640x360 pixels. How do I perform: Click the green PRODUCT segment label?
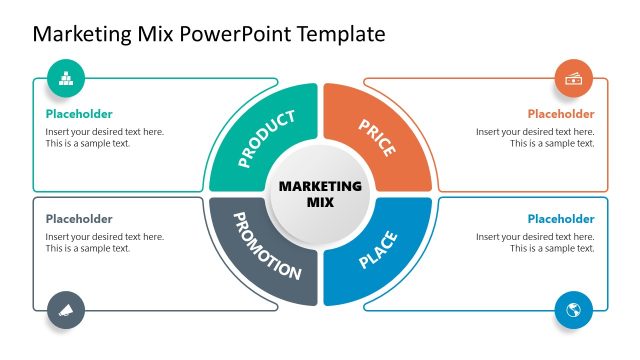click(x=267, y=138)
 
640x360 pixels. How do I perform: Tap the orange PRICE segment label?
click(x=376, y=138)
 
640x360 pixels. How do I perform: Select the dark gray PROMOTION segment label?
click(x=267, y=245)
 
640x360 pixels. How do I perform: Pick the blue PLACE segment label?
click(x=378, y=250)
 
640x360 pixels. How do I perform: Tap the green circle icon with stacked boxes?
click(x=66, y=78)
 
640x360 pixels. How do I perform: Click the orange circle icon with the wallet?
click(x=574, y=79)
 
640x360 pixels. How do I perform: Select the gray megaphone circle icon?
click(x=66, y=308)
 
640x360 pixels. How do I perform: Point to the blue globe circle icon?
click(x=574, y=309)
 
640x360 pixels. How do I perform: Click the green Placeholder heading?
click(x=79, y=114)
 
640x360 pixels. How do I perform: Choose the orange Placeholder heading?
click(x=561, y=114)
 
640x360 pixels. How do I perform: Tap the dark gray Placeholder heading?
click(x=79, y=219)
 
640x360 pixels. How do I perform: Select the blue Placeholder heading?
click(x=561, y=219)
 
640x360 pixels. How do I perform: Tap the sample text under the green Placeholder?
click(x=104, y=138)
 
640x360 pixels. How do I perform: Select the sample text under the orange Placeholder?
click(x=535, y=138)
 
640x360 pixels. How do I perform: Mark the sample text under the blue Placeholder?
click(x=535, y=243)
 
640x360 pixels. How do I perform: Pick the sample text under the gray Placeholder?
click(x=104, y=243)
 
